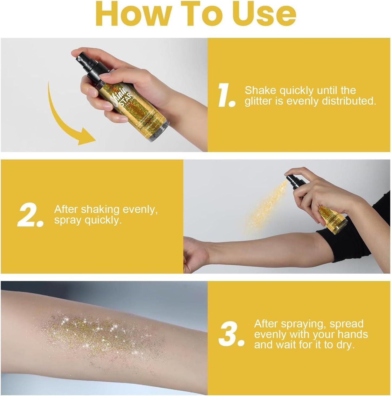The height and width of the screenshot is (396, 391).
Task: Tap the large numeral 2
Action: click(x=29, y=216)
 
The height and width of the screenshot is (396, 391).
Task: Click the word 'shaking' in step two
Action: click(x=100, y=210)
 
